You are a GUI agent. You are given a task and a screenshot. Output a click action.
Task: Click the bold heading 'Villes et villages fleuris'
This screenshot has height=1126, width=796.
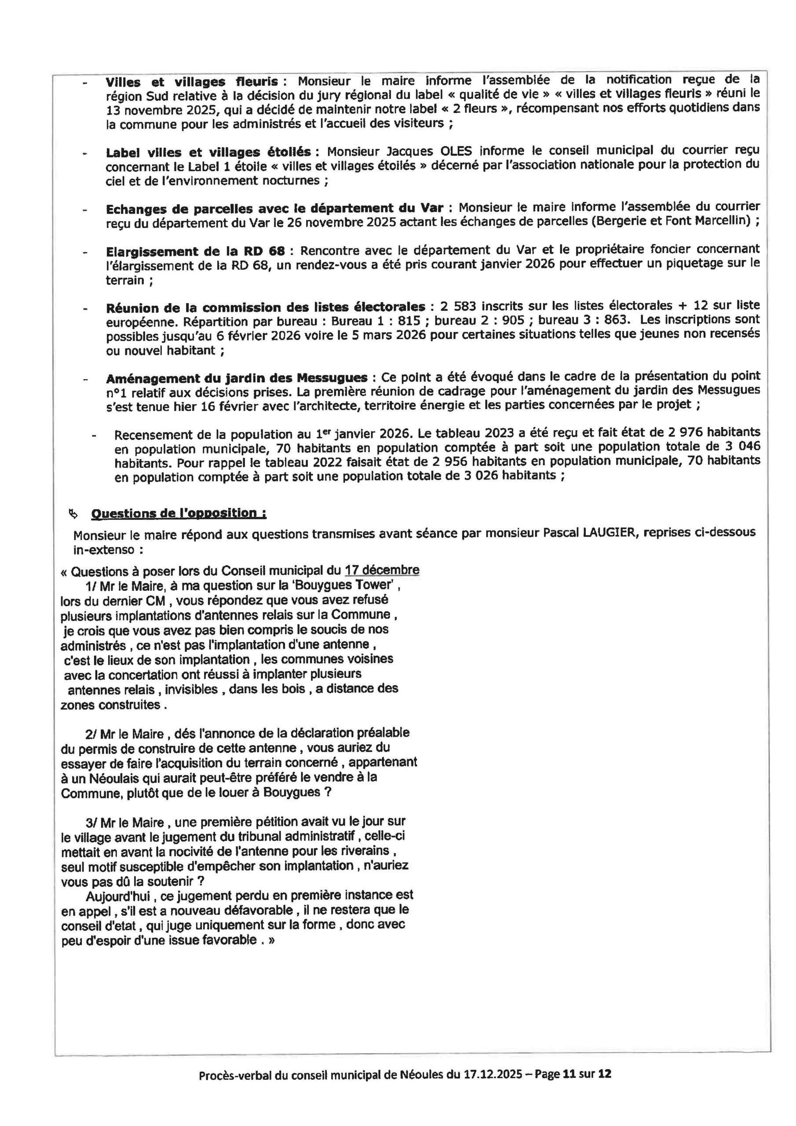[x=192, y=82]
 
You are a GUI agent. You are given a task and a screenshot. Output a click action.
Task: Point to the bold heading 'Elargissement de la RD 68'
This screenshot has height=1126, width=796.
[x=195, y=252]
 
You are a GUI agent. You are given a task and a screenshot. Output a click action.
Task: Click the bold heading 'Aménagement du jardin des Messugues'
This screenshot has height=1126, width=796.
[x=237, y=378]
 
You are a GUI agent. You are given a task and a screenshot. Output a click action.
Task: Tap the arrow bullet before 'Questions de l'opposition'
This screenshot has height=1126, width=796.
[x=73, y=514]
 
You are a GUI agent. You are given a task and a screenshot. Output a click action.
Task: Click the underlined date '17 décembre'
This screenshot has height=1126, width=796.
[x=382, y=570]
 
